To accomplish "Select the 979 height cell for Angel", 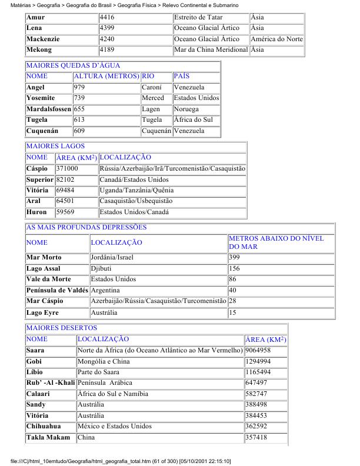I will tap(79, 88).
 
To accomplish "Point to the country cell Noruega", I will tap(185, 109).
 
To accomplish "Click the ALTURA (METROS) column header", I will tap(106, 76).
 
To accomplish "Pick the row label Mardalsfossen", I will tap(49, 109).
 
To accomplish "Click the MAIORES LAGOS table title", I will tap(55, 147).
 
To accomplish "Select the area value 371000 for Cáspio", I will tap(67, 169).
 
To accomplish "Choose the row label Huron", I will tap(36, 212).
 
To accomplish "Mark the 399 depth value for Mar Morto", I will tap(234, 258).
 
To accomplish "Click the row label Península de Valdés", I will tap(57, 291).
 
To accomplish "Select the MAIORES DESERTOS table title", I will tap(61, 328).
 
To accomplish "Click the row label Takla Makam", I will tap(48, 438).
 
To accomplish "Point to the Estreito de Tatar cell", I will tap(198, 18).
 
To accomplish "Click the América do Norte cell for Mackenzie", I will tap(276, 39).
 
